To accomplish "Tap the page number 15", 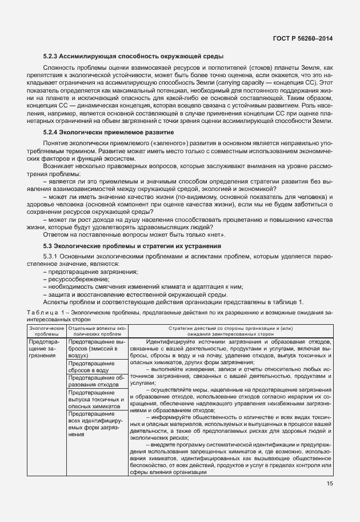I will pos(330,484).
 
